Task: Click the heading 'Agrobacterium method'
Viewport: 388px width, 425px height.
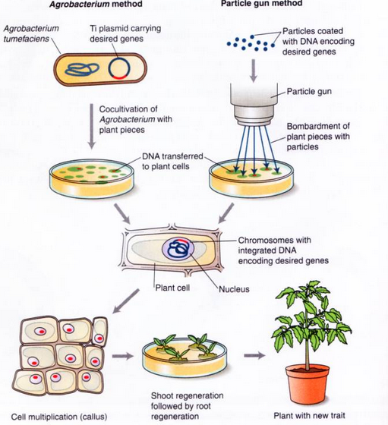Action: pyautogui.click(x=96, y=4)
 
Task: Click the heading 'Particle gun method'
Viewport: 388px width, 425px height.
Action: pyautogui.click(x=262, y=3)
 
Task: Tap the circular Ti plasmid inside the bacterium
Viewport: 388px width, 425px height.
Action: pyautogui.click(x=119, y=68)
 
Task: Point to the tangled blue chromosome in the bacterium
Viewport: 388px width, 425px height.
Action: pyautogui.click(x=82, y=69)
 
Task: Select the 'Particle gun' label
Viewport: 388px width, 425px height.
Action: pyautogui.click(x=309, y=92)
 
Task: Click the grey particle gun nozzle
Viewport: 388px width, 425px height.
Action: pyautogui.click(x=254, y=105)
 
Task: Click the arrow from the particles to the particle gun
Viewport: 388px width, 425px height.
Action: pyautogui.click(x=254, y=70)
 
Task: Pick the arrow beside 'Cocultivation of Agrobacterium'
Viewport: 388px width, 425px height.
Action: pyautogui.click(x=92, y=126)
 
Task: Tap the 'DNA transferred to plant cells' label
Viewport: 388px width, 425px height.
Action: pyautogui.click(x=172, y=161)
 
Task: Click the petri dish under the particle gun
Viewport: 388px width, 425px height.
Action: pyautogui.click(x=251, y=178)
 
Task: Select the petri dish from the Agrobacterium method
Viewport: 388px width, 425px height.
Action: pyautogui.click(x=92, y=178)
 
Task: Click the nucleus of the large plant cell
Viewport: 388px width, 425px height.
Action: pyautogui.click(x=178, y=249)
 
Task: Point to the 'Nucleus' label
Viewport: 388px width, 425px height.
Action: pyautogui.click(x=234, y=289)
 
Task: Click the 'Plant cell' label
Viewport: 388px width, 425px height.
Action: pyautogui.click(x=172, y=288)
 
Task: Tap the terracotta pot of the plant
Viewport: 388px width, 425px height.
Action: pyautogui.click(x=308, y=383)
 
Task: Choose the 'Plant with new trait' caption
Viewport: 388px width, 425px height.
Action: pyautogui.click(x=309, y=416)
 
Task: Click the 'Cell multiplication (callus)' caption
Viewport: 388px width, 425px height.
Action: pyautogui.click(x=59, y=417)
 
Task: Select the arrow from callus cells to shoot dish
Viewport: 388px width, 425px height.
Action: pyautogui.click(x=123, y=356)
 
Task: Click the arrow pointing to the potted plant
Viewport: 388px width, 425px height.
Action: pyautogui.click(x=254, y=355)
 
